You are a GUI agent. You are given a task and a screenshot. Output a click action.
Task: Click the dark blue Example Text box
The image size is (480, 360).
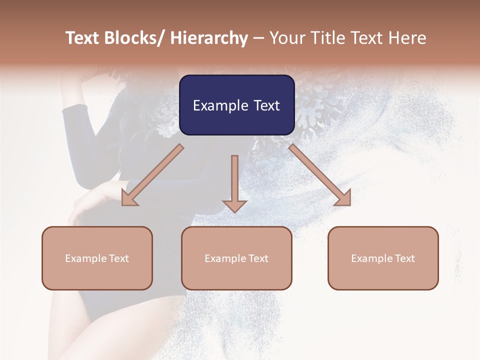[x=236, y=105]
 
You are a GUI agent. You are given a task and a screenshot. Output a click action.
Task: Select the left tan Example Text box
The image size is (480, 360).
[x=97, y=258]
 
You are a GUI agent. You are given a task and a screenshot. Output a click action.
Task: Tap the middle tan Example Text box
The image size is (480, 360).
[x=236, y=258]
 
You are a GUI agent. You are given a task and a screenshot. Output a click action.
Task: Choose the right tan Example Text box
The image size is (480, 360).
[x=383, y=258]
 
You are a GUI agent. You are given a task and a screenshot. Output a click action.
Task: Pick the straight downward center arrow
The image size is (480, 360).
[x=234, y=182]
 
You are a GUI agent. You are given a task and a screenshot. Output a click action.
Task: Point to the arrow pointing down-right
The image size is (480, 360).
[x=320, y=175]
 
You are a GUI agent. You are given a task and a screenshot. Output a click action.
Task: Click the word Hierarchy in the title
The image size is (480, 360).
[x=208, y=38]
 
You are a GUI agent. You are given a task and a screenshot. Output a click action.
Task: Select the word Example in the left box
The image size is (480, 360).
[x=83, y=258]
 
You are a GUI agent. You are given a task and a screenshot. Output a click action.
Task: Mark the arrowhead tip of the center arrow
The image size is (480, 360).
[x=234, y=211]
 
